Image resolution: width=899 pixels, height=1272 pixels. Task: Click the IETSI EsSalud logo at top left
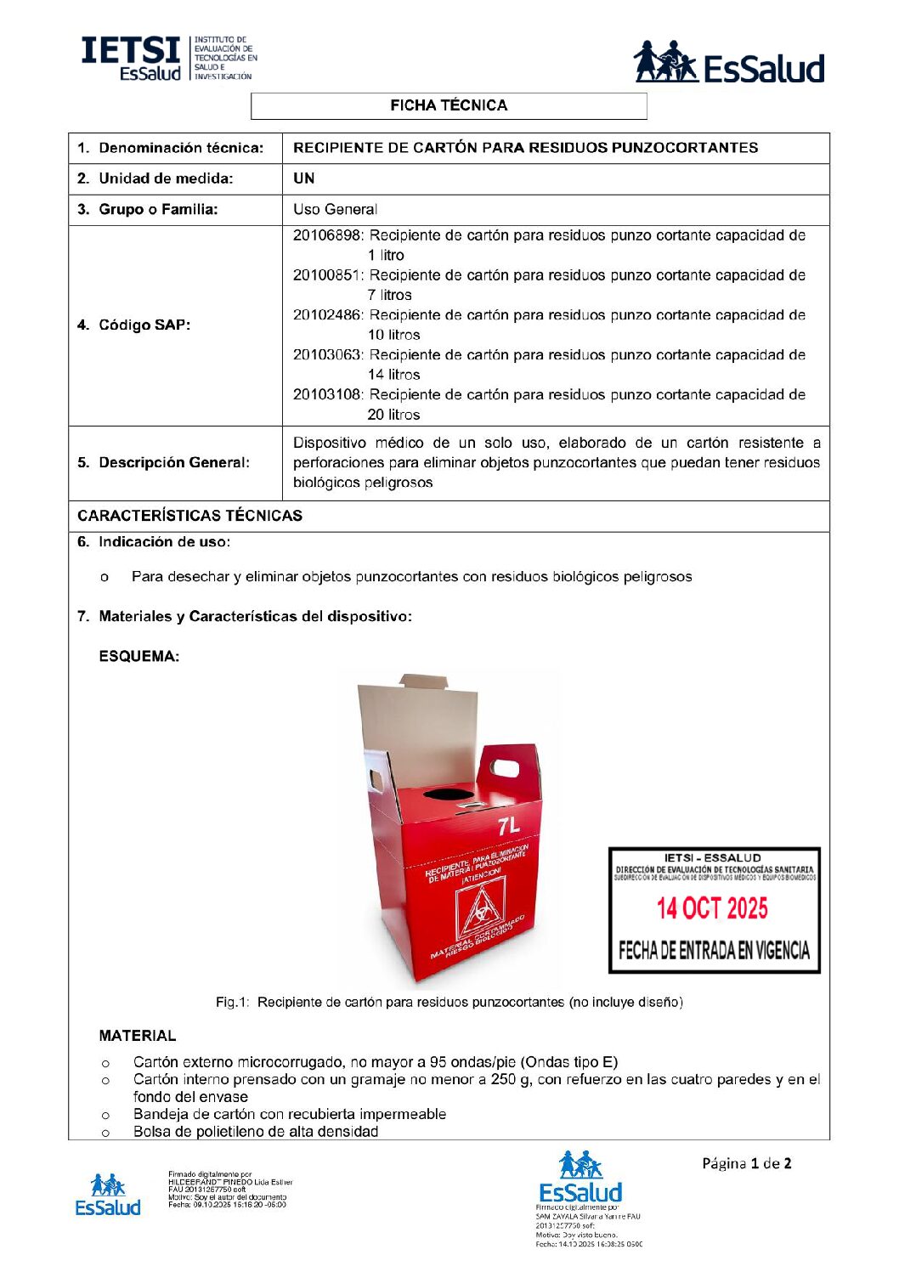pyautogui.click(x=168, y=58)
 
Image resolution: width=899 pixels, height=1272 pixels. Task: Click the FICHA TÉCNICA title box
pyautogui.click(x=449, y=105)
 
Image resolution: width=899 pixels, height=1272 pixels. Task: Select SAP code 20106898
pyautogui.click(x=327, y=235)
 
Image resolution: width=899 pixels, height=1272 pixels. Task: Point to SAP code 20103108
pyautogui.click(x=327, y=394)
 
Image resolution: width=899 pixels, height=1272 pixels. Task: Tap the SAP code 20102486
pyautogui.click(x=327, y=315)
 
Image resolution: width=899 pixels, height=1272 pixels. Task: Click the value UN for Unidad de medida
pyautogui.click(x=303, y=178)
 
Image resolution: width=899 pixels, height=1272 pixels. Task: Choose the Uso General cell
pyautogui.click(x=335, y=209)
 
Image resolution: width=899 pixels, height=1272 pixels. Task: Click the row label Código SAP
pyautogui.click(x=144, y=325)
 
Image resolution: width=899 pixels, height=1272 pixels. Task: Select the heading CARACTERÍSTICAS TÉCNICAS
pyautogui.click(x=189, y=516)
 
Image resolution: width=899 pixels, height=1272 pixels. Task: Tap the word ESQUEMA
pyautogui.click(x=139, y=656)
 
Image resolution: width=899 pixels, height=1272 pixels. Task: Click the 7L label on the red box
pyautogui.click(x=509, y=825)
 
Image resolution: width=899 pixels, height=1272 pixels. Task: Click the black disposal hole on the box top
pyautogui.click(x=451, y=794)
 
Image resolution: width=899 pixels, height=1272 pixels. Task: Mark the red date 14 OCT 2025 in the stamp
pyautogui.click(x=712, y=908)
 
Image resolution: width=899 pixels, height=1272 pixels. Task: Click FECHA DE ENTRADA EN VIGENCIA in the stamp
pyautogui.click(x=714, y=950)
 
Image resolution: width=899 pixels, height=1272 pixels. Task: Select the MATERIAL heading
pyautogui.click(x=137, y=1036)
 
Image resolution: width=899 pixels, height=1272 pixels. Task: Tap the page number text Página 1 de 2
pyautogui.click(x=746, y=1163)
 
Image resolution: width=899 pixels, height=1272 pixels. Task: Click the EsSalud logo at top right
pyautogui.click(x=729, y=63)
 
